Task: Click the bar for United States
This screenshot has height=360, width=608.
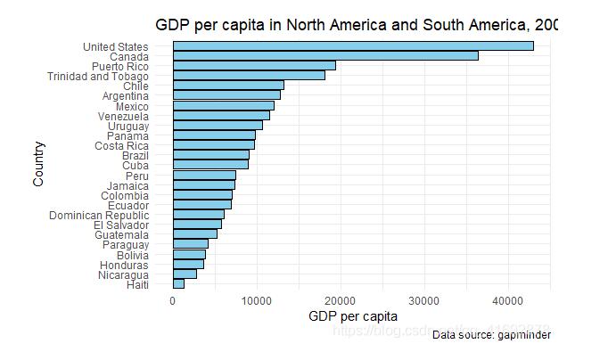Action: pos(353,45)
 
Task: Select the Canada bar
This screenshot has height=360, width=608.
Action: pos(325,55)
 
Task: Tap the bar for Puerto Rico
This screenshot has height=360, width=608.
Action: pos(254,65)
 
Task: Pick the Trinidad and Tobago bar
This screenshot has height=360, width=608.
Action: pos(249,75)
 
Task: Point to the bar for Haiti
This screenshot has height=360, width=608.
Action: pos(178,283)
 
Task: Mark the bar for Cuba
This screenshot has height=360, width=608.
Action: pos(210,164)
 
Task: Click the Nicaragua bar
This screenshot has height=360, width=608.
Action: pos(185,274)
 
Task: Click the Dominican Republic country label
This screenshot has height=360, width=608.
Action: pos(99,215)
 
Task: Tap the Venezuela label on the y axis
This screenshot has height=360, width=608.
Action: pos(123,115)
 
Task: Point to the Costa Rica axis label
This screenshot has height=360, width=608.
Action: pos(121,145)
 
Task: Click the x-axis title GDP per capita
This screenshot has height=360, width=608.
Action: pos(352,316)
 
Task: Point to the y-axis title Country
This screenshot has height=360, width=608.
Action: pos(38,164)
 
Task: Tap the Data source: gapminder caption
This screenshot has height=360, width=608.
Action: pos(491,335)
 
